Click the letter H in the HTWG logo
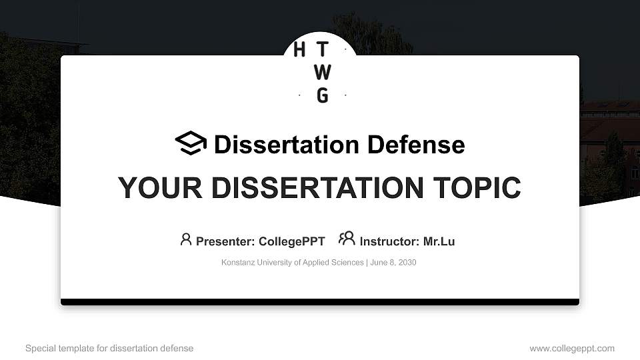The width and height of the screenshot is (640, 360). pyautogui.click(x=299, y=50)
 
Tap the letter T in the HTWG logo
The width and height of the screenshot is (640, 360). pyautogui.click(x=322, y=50)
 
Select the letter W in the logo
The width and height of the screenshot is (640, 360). pyautogui.click(x=322, y=72)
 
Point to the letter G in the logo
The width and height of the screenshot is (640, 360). pyautogui.click(x=322, y=95)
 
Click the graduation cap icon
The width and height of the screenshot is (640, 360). pyautogui.click(x=191, y=143)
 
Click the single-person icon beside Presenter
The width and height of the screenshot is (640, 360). pyautogui.click(x=186, y=239)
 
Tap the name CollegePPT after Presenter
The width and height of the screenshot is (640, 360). pyautogui.click(x=291, y=241)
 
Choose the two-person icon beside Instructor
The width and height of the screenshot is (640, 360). pyautogui.click(x=347, y=239)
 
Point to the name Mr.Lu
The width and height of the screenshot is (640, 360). pyautogui.click(x=439, y=241)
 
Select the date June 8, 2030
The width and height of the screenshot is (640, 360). pyautogui.click(x=393, y=263)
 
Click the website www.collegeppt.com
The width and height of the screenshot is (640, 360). pyautogui.click(x=572, y=348)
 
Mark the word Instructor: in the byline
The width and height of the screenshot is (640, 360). pyautogui.click(x=389, y=241)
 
